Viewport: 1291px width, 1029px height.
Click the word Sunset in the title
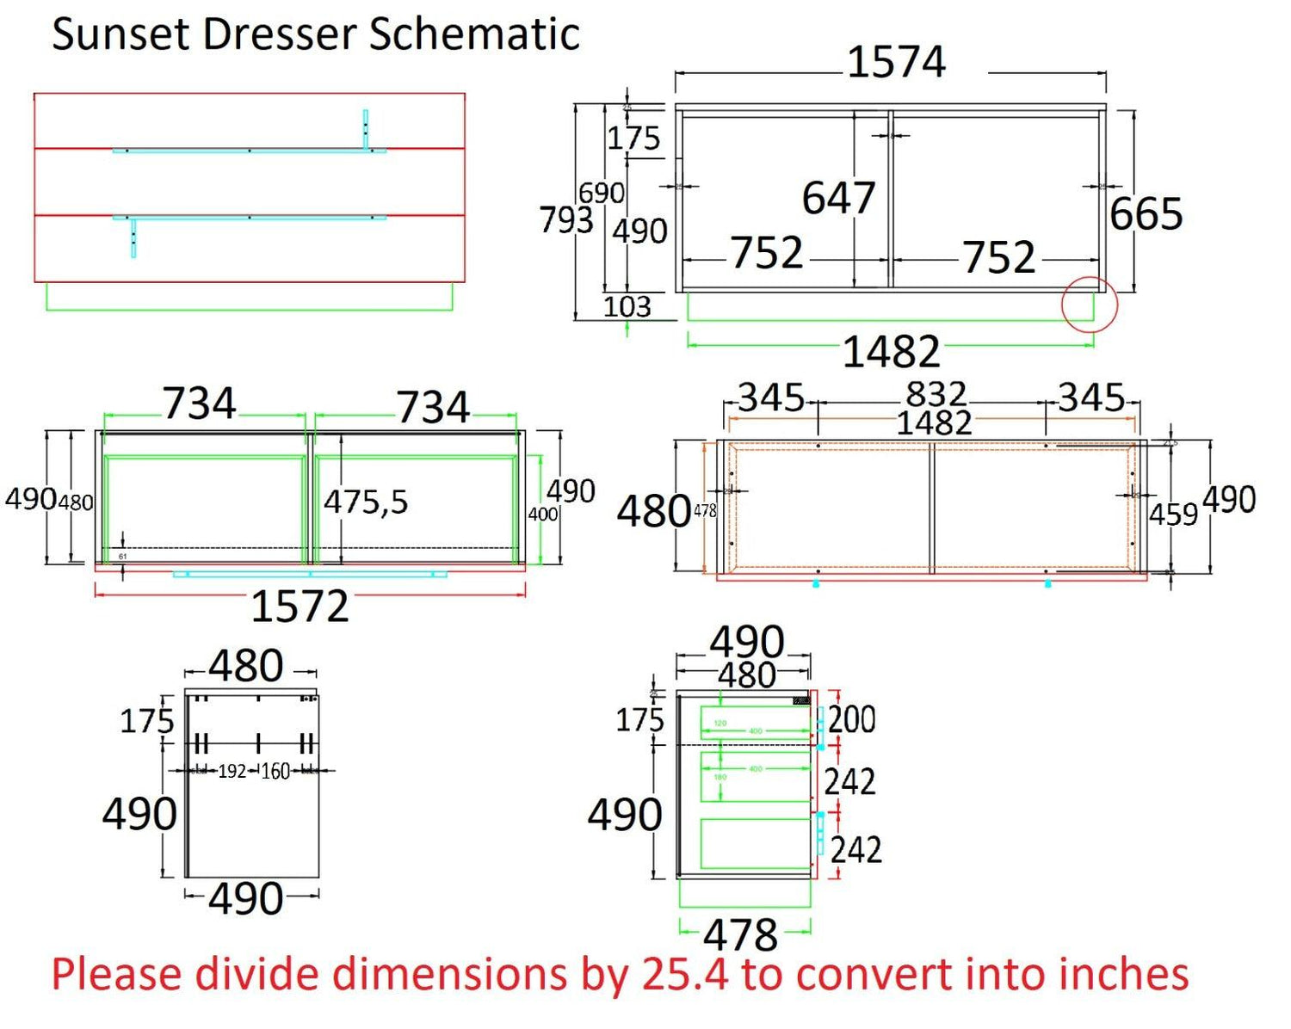[x=120, y=35]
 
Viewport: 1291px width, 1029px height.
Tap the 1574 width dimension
[x=896, y=62]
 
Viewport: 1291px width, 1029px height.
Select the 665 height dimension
[x=1146, y=213]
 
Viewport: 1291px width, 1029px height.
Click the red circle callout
[x=1089, y=305]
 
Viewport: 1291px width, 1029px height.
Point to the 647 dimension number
[x=838, y=198]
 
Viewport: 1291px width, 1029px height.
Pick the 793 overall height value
[x=565, y=220]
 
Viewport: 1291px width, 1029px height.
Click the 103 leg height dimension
[x=627, y=306]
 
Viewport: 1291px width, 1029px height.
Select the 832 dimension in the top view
[x=936, y=394]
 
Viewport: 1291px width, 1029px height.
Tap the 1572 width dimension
[x=300, y=607]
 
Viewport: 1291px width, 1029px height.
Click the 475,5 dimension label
[x=366, y=502]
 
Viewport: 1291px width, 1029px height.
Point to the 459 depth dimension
[x=1173, y=514]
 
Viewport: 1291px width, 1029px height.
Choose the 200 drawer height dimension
[x=852, y=719]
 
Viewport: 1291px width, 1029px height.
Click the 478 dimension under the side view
[x=741, y=934]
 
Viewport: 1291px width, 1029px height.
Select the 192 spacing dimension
[x=232, y=771]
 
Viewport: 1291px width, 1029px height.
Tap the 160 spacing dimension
[x=275, y=771]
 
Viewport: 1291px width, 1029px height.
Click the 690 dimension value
[x=601, y=193]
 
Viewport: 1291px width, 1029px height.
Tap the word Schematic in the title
[x=474, y=35]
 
